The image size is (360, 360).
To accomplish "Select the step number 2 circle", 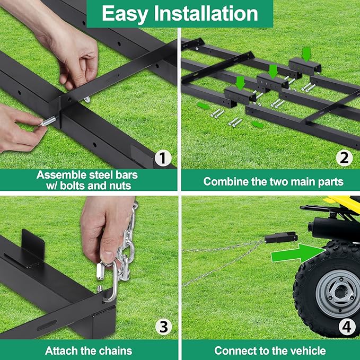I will (346, 157).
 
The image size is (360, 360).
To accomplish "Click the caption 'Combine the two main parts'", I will (273, 181).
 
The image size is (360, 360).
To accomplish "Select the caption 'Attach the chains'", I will (89, 350).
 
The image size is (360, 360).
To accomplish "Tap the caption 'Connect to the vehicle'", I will (270, 350).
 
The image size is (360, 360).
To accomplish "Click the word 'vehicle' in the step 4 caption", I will (308, 350).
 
